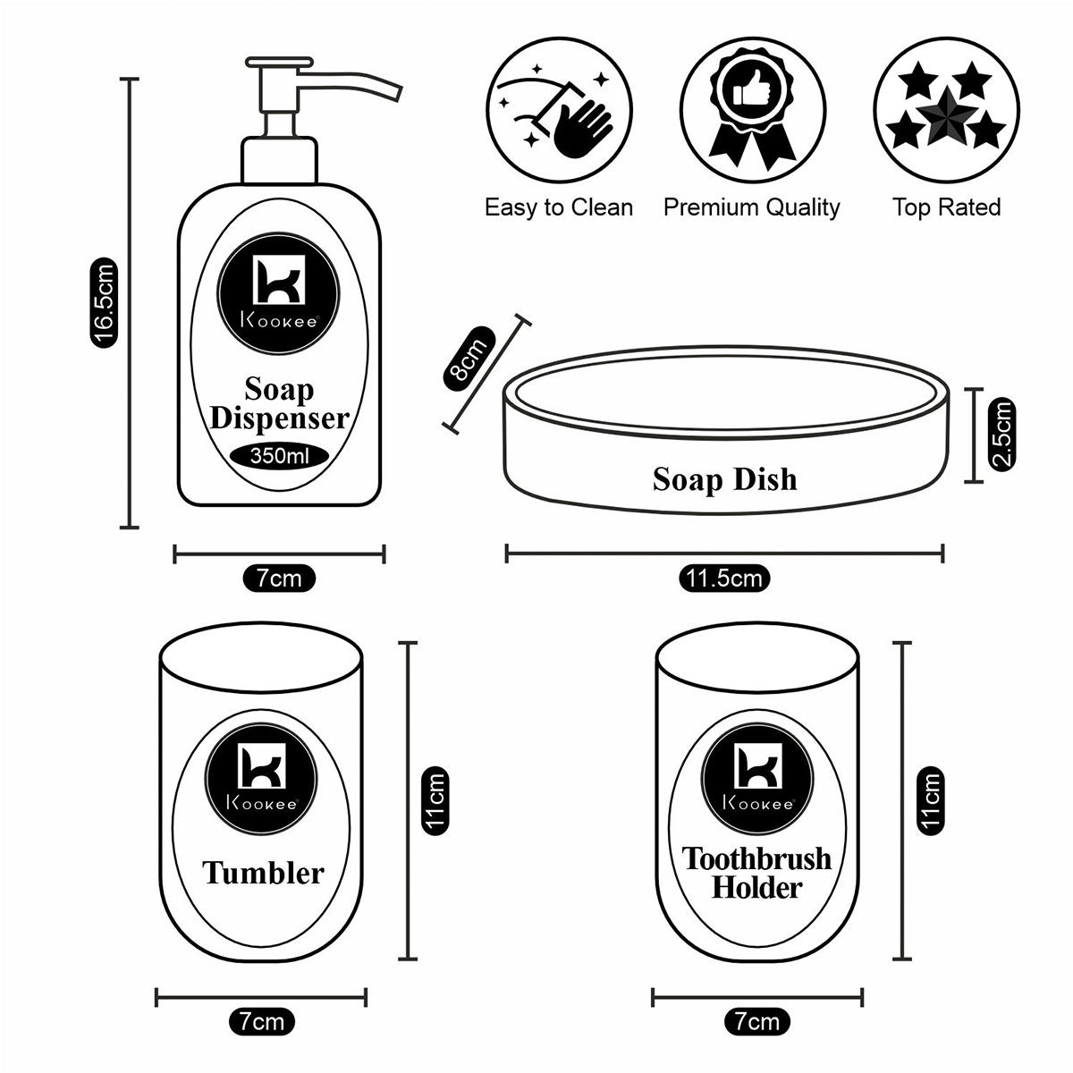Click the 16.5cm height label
tap(104, 302)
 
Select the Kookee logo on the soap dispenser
tap(277, 289)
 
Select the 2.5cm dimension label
tap(1003, 435)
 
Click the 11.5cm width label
tap(724, 579)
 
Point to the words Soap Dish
tap(724, 479)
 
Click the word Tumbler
tap(263, 873)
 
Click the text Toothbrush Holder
tap(757, 873)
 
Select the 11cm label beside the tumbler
tap(435, 799)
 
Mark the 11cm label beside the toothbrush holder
tap(931, 799)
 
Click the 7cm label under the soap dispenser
tap(279, 579)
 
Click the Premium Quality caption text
tap(751, 207)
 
